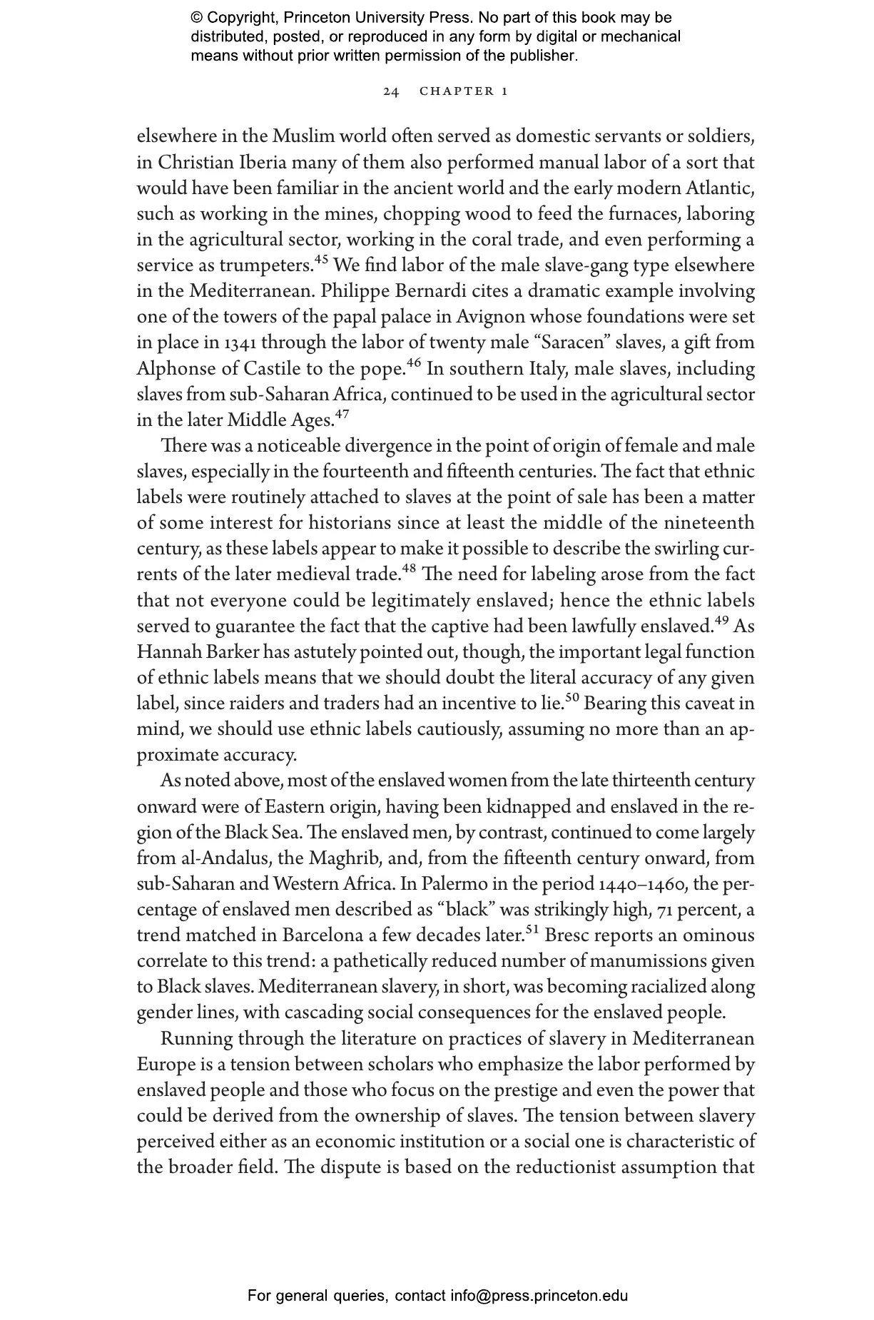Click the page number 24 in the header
pyautogui.click(x=391, y=91)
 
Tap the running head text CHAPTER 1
pyautogui.click(x=464, y=91)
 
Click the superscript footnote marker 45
pyautogui.click(x=322, y=260)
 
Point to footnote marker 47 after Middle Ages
pyautogui.click(x=342, y=415)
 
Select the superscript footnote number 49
pyautogui.click(x=721, y=621)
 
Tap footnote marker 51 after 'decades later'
pyautogui.click(x=532, y=930)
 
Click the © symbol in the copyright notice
pyautogui.click(x=197, y=18)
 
